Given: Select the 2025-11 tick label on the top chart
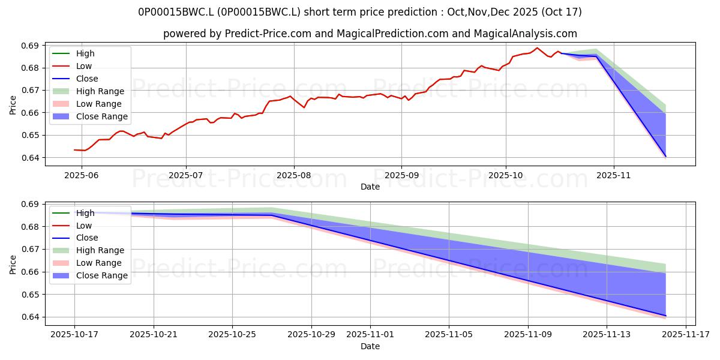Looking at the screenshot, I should coord(613,175).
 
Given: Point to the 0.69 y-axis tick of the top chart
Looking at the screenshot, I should coord(31,46).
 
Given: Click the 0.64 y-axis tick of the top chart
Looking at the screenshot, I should coord(31,158).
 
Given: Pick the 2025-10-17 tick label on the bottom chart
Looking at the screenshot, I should coord(74,334).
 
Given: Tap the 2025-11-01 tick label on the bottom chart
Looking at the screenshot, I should coord(370,334).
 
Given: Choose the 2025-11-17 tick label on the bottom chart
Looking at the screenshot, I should coord(686,334).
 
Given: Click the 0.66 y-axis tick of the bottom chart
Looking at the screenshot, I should coord(31,272).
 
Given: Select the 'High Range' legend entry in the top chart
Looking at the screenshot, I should coord(100,91).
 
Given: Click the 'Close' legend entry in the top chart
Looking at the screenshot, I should coord(87,79).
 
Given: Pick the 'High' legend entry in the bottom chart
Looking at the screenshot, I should coord(85,213).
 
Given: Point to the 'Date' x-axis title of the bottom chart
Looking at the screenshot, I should coord(370,346).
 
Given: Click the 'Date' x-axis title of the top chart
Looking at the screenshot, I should coord(370,187).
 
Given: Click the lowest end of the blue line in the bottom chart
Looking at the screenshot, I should coord(665,316).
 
